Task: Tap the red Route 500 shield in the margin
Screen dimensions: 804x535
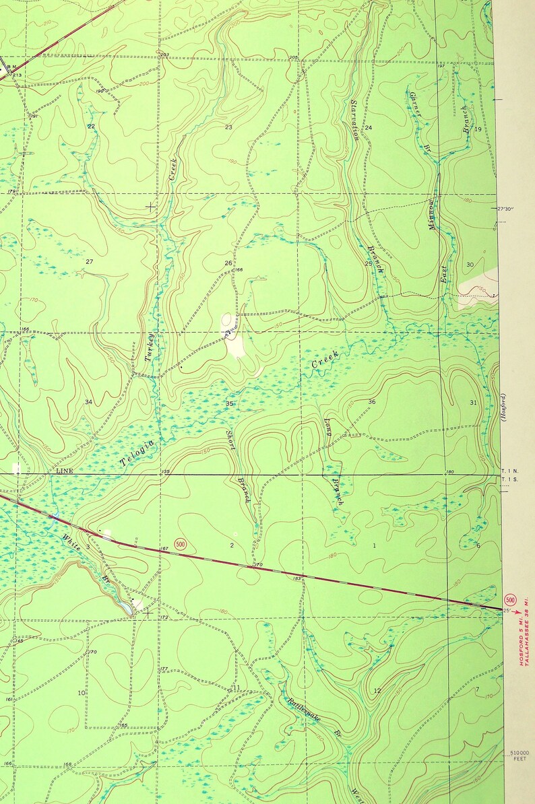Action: [x=510, y=600]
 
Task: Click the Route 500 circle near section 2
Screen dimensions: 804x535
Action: [x=180, y=543]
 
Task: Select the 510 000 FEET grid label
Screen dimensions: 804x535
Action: [x=520, y=756]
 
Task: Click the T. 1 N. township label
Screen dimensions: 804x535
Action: [x=509, y=471]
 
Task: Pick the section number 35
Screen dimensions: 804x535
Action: [x=230, y=404]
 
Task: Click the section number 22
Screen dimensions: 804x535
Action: [x=91, y=127]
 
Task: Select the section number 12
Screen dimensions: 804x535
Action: [x=377, y=691]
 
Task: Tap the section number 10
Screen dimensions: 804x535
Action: [x=81, y=693]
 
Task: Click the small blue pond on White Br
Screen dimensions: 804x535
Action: [x=126, y=609]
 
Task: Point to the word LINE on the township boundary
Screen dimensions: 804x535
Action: [x=65, y=471]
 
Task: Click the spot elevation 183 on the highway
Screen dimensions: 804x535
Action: [x=296, y=578]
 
